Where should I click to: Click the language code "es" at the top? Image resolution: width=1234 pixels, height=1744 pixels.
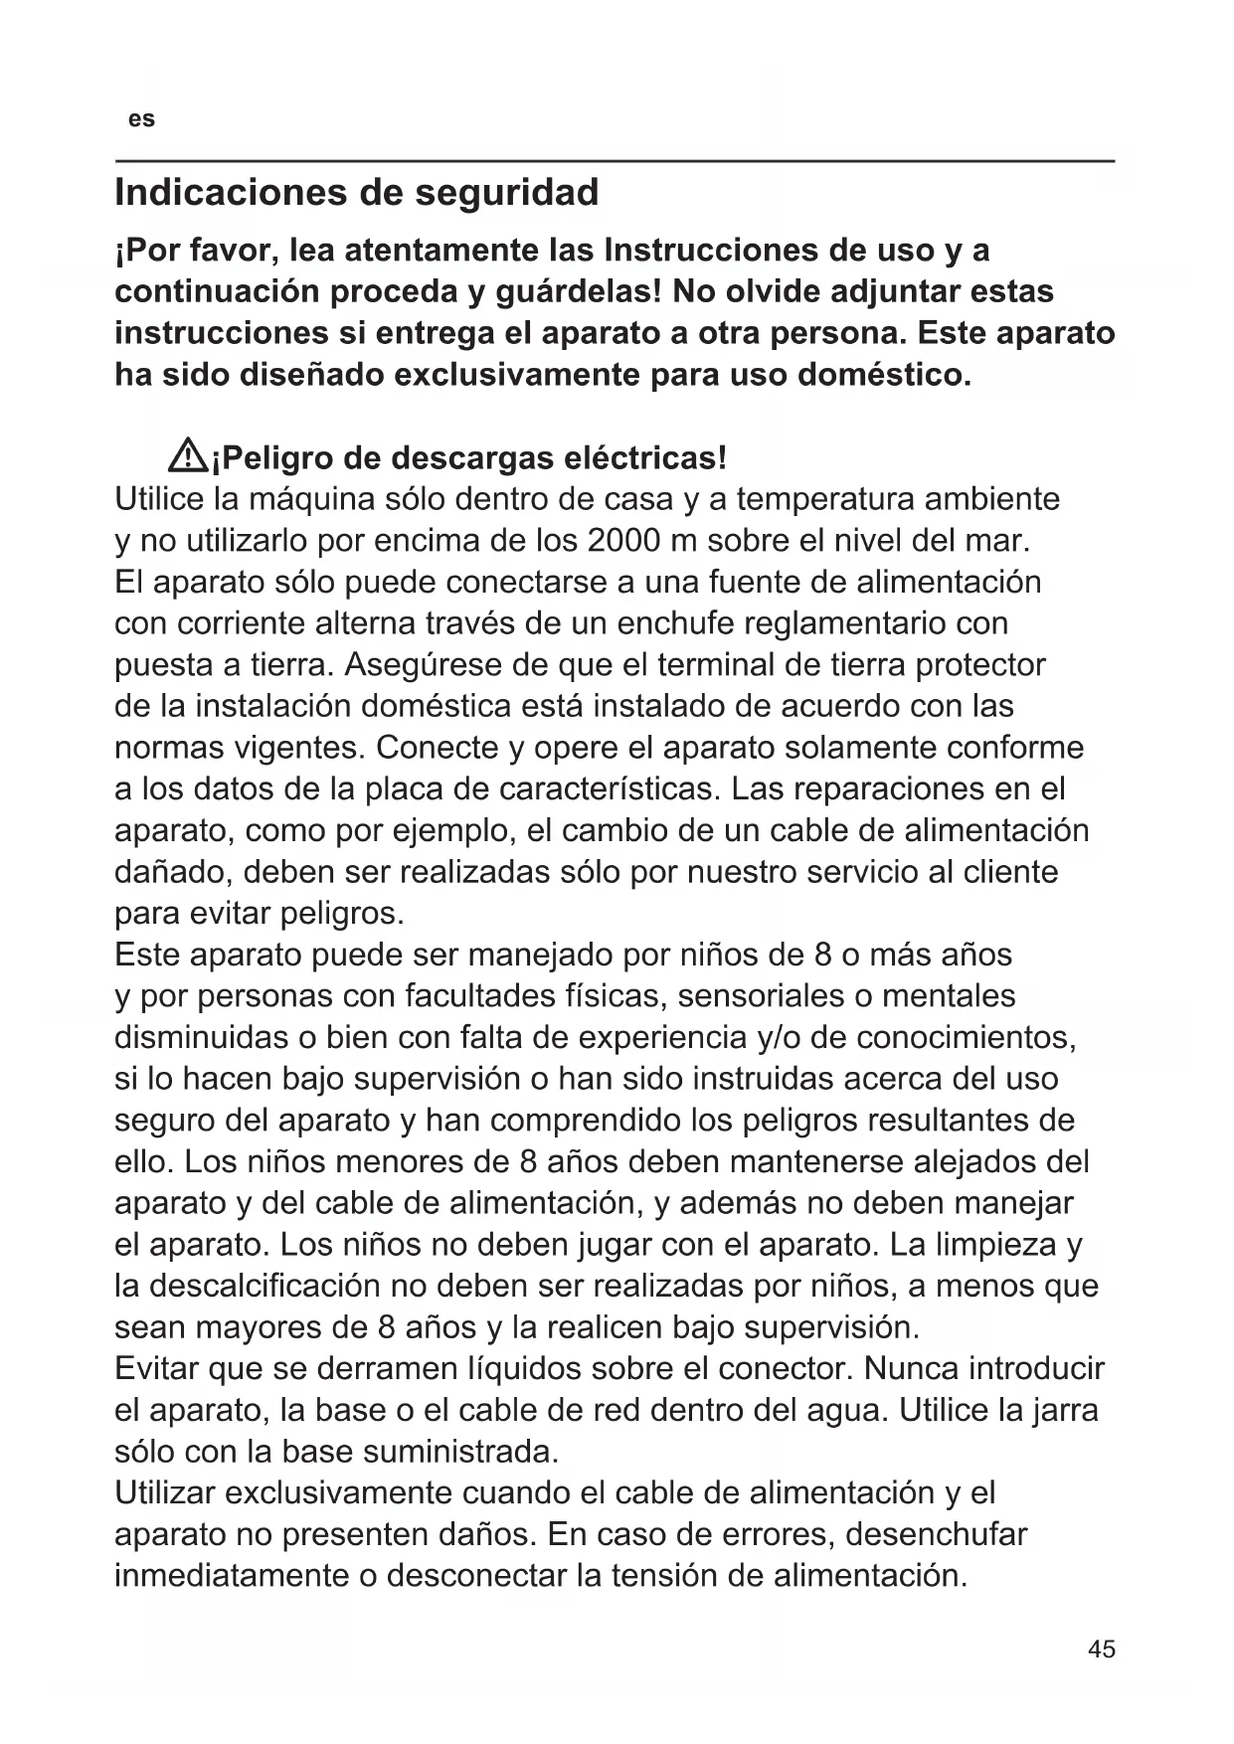pyautogui.click(x=141, y=119)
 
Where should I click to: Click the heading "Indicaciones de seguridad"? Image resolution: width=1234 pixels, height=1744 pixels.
pyautogui.click(x=357, y=192)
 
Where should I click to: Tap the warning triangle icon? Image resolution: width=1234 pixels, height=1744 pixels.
pyautogui.click(x=187, y=457)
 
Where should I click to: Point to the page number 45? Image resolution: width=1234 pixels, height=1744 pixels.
pyautogui.click(x=1102, y=1649)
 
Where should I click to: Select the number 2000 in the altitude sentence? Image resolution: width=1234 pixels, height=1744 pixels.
pyautogui.click(x=624, y=541)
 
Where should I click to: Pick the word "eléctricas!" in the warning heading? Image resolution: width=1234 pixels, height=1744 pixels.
pyautogui.click(x=645, y=458)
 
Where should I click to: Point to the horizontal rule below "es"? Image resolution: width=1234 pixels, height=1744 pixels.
pyautogui.click(x=615, y=160)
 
